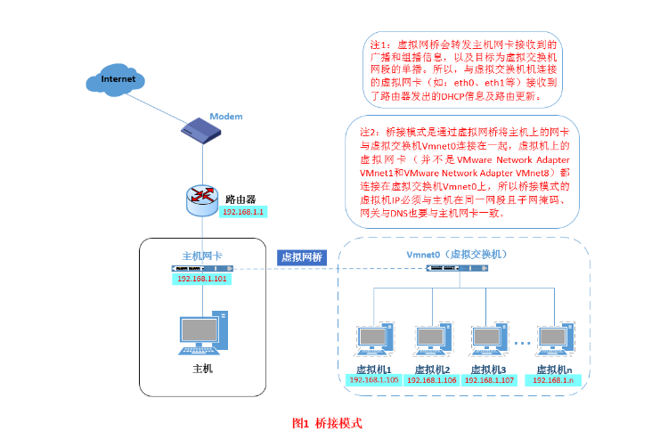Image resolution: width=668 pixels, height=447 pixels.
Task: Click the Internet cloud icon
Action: (x=118, y=80)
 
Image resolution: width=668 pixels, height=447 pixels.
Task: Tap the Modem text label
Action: (x=225, y=117)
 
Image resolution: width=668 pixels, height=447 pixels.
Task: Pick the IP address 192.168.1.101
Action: (x=202, y=279)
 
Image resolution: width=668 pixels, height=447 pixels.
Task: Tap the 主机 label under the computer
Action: (x=203, y=367)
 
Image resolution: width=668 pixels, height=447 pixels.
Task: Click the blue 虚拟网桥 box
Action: (x=302, y=257)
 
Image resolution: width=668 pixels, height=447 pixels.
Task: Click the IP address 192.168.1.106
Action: (x=432, y=380)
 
